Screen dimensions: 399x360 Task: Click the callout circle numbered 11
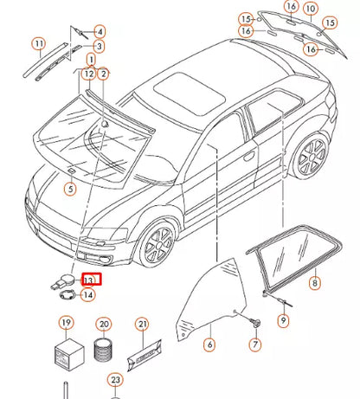coord(38,43)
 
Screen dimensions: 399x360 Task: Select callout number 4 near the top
coord(100,31)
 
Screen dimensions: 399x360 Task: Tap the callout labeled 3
coord(100,46)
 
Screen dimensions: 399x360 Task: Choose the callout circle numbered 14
coord(87,294)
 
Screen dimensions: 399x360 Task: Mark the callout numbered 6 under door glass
coord(209,344)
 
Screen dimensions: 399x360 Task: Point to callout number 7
coord(255,344)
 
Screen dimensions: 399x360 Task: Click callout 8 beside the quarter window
coord(314,282)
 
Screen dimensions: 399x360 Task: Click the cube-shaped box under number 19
coord(65,353)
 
